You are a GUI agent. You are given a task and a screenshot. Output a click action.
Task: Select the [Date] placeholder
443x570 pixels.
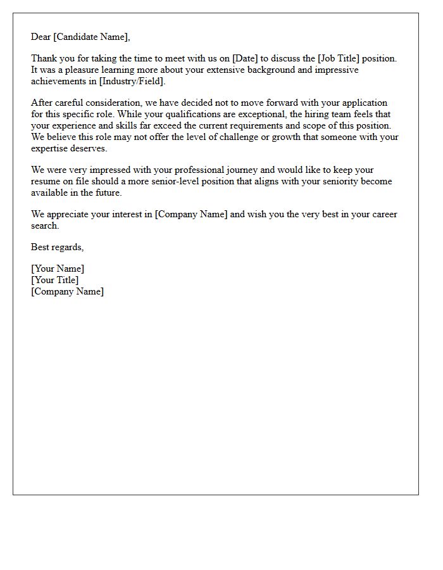click(246, 58)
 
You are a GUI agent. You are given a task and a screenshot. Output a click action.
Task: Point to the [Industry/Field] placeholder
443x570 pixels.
click(132, 81)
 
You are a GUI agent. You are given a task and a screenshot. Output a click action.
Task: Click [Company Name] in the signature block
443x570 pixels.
click(67, 291)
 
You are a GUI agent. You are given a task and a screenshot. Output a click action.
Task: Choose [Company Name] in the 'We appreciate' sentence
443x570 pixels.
click(191, 214)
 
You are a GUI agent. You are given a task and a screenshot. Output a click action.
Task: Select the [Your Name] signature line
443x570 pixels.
click(58, 269)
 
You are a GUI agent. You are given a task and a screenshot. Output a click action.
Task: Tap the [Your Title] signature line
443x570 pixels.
click(55, 280)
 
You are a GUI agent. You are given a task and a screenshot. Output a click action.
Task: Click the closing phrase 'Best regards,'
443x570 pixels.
click(58, 247)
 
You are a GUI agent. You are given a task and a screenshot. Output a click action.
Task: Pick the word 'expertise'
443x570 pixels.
click(50, 148)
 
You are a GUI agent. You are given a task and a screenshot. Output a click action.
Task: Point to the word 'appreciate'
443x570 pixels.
click(68, 214)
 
